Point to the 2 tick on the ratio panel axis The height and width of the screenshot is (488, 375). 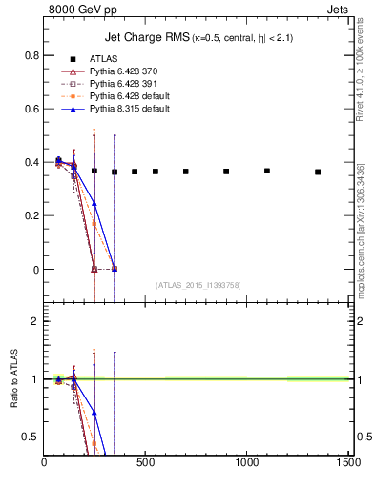34,322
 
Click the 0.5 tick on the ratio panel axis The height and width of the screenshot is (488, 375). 30,437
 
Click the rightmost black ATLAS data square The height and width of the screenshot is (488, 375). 318,172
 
